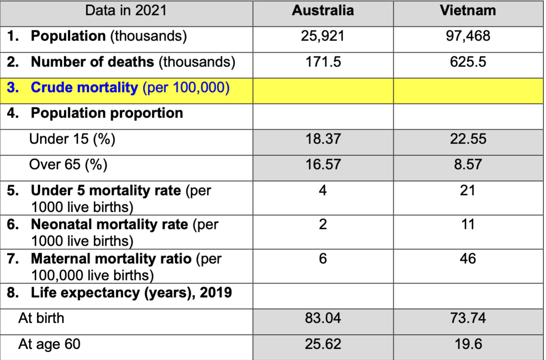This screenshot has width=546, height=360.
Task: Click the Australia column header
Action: (x=322, y=11)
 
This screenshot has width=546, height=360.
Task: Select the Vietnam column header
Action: (x=468, y=11)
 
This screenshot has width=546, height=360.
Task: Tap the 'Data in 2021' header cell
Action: (x=126, y=11)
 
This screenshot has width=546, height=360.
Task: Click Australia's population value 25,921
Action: (x=322, y=36)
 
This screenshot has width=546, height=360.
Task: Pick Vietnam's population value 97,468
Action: (x=468, y=36)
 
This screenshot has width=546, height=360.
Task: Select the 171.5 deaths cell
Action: (x=322, y=62)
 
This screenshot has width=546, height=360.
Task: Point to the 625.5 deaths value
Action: (x=468, y=62)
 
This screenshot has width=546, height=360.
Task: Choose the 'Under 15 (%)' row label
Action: (x=72, y=139)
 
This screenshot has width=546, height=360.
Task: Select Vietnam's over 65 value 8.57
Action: (x=468, y=165)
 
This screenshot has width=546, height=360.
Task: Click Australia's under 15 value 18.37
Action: (x=322, y=139)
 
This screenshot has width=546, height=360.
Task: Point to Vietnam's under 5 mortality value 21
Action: (x=468, y=191)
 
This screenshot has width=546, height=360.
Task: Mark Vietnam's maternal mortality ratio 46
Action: (x=468, y=258)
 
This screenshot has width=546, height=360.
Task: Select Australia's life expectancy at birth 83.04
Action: (x=322, y=318)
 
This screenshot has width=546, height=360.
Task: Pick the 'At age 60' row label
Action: (x=49, y=344)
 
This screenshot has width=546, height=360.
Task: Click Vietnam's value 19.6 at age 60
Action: (x=468, y=344)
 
